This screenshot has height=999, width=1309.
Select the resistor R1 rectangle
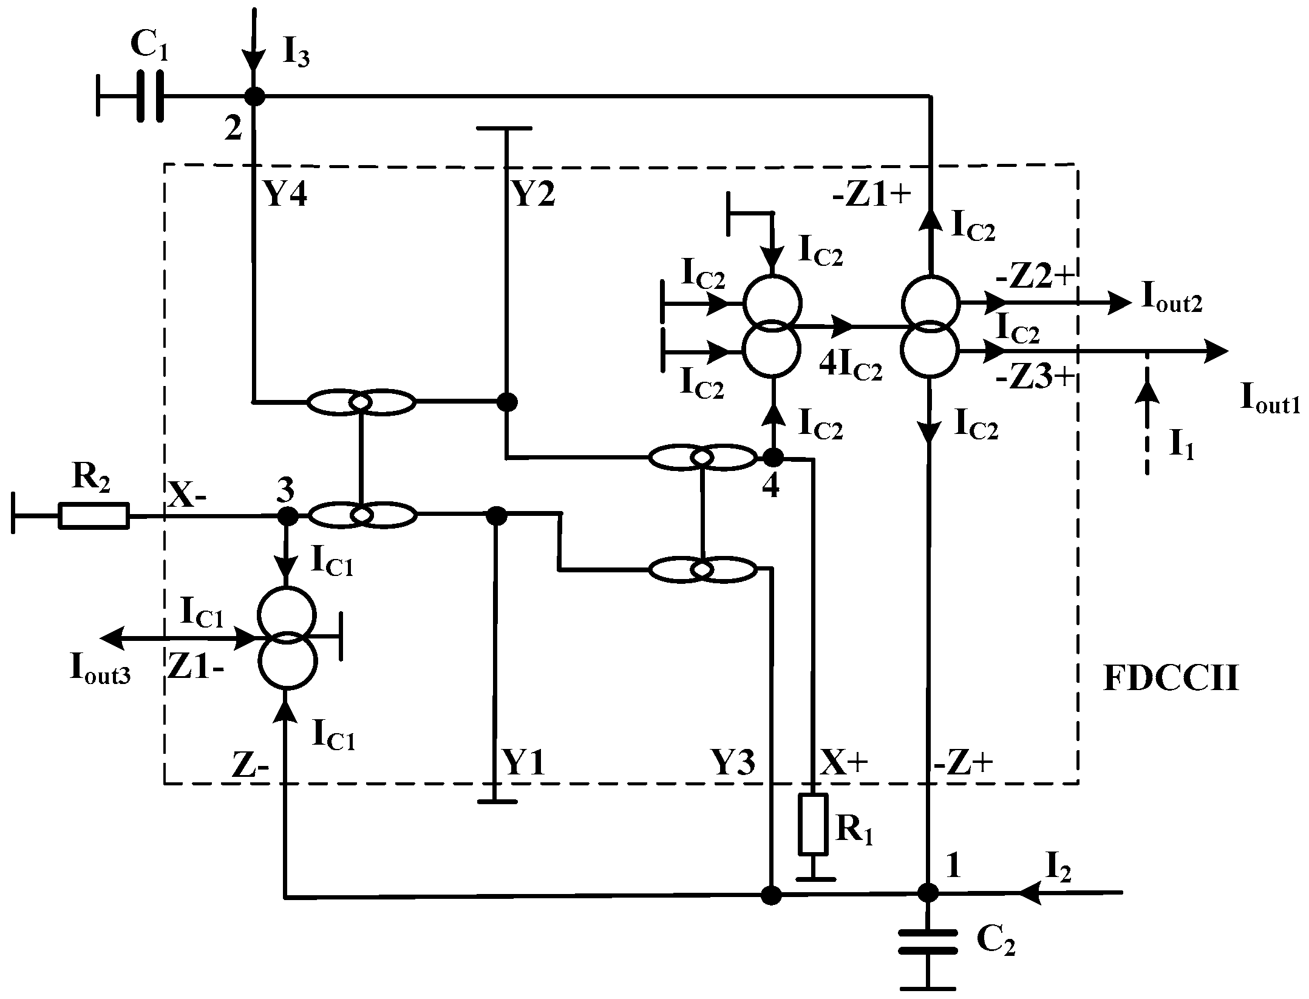pyautogui.click(x=813, y=824)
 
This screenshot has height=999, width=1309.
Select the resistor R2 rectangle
pyautogui.click(x=93, y=516)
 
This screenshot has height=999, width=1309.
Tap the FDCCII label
pyautogui.click(x=1170, y=679)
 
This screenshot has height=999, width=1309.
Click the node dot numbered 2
pyautogui.click(x=254, y=96)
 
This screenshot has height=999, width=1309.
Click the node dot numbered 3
pyautogui.click(x=287, y=516)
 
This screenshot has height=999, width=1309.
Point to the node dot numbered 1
pyautogui.click(x=927, y=892)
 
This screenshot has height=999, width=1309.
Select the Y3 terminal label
pyautogui.click(x=733, y=763)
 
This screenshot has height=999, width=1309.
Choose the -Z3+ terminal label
pyautogui.click(x=1035, y=378)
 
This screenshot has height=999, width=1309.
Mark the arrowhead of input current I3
pyautogui.click(x=254, y=61)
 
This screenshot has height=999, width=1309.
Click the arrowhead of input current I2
pyautogui.click(x=1030, y=892)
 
